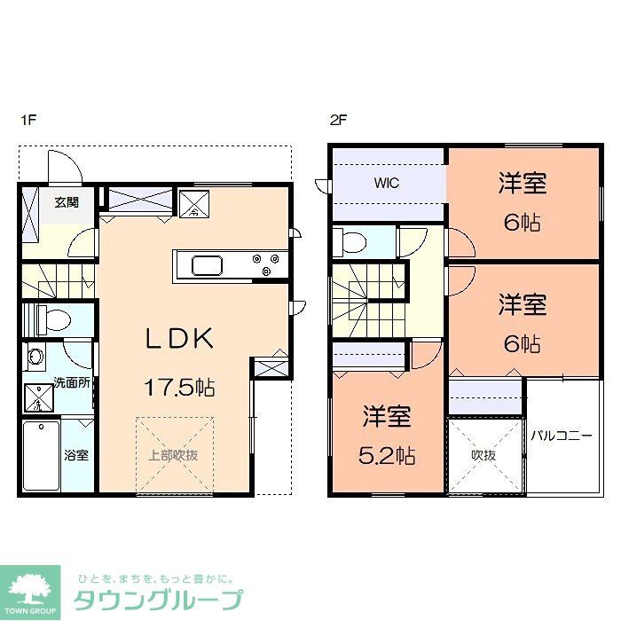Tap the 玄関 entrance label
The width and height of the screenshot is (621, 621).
67,202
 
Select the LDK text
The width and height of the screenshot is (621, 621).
180,338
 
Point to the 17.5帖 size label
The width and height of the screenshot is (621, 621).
181,387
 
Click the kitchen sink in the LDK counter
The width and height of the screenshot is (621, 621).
208,265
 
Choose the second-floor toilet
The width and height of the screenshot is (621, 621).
352,241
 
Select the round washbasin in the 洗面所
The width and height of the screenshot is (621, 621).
35,358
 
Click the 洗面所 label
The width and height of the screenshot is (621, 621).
70,383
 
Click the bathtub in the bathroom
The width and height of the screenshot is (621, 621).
41,454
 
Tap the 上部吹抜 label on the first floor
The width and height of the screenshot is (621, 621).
173,455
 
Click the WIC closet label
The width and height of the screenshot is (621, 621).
386,184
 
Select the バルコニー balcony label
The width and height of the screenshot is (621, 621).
562,436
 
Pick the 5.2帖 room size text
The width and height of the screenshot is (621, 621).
388,456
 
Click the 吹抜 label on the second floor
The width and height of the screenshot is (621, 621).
483,455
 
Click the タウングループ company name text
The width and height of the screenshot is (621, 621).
157,599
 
